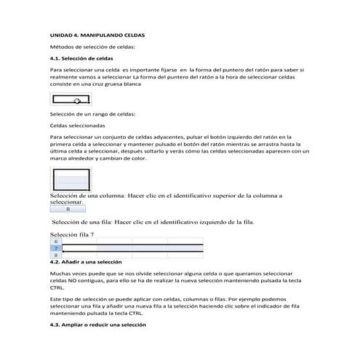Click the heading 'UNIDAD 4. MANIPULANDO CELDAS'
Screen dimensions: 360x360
[97, 34]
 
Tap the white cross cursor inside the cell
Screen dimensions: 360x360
[77, 101]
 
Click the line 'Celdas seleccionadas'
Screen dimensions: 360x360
[77, 124]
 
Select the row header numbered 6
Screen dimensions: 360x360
[56, 241]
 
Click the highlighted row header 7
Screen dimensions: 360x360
[56, 248]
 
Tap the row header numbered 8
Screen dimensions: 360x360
[56, 255]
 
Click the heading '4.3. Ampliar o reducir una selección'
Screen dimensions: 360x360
[97, 324]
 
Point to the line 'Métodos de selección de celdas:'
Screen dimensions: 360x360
[92, 46]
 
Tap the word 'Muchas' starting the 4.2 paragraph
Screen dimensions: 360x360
[60, 271]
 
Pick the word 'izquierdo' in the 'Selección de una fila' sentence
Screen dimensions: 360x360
[209, 222]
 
